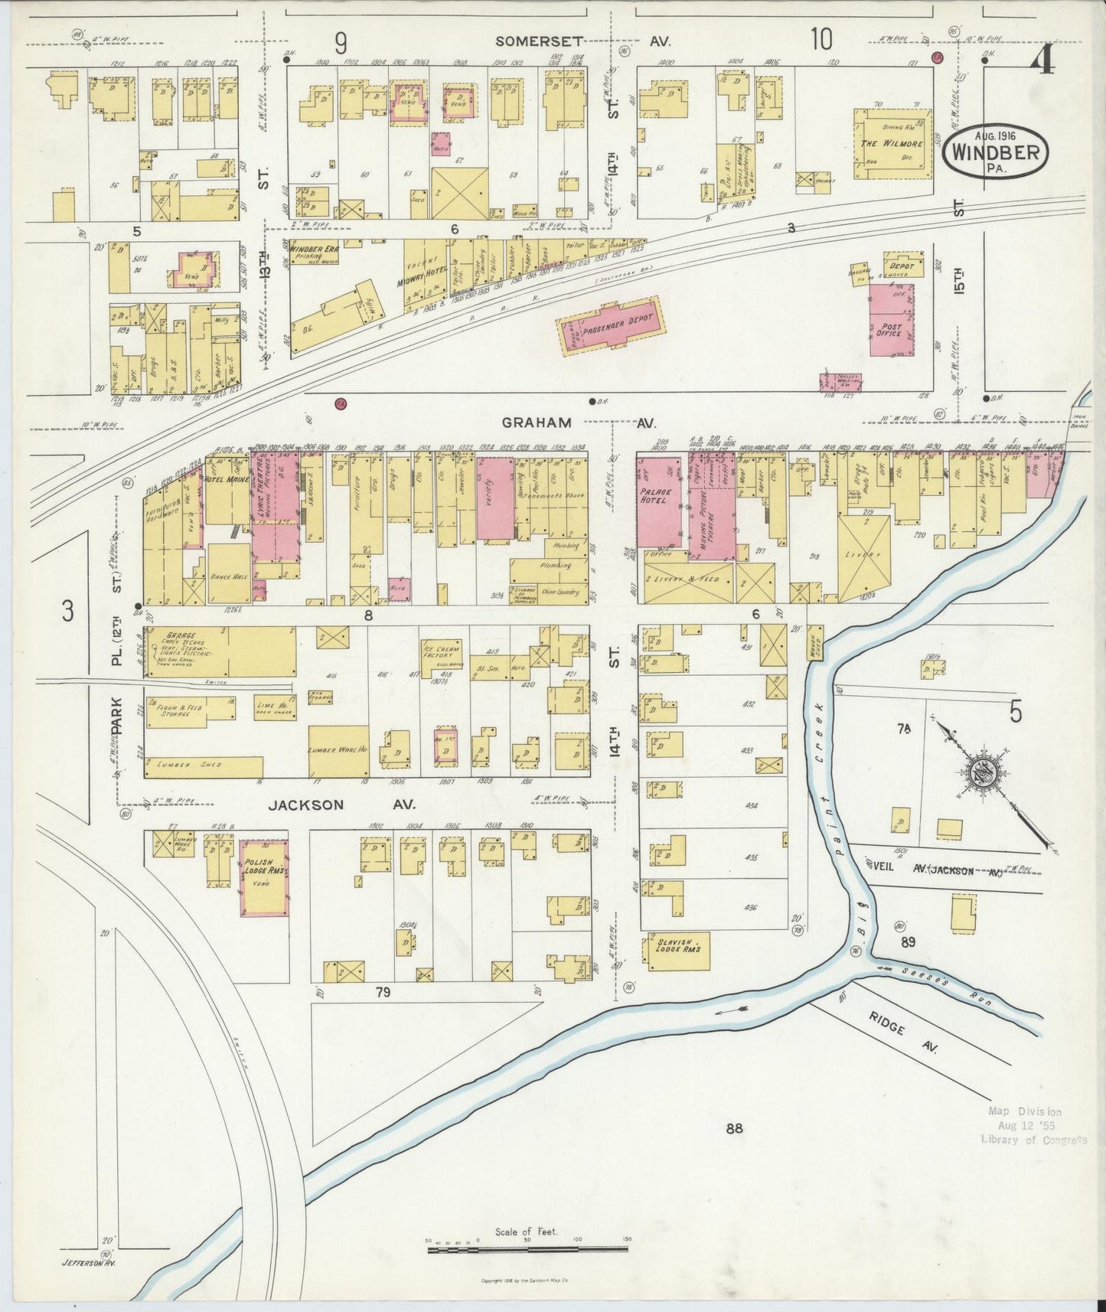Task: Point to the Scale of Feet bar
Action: pos(527,1248)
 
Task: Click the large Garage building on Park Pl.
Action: pos(220,651)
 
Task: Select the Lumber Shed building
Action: pos(204,766)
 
